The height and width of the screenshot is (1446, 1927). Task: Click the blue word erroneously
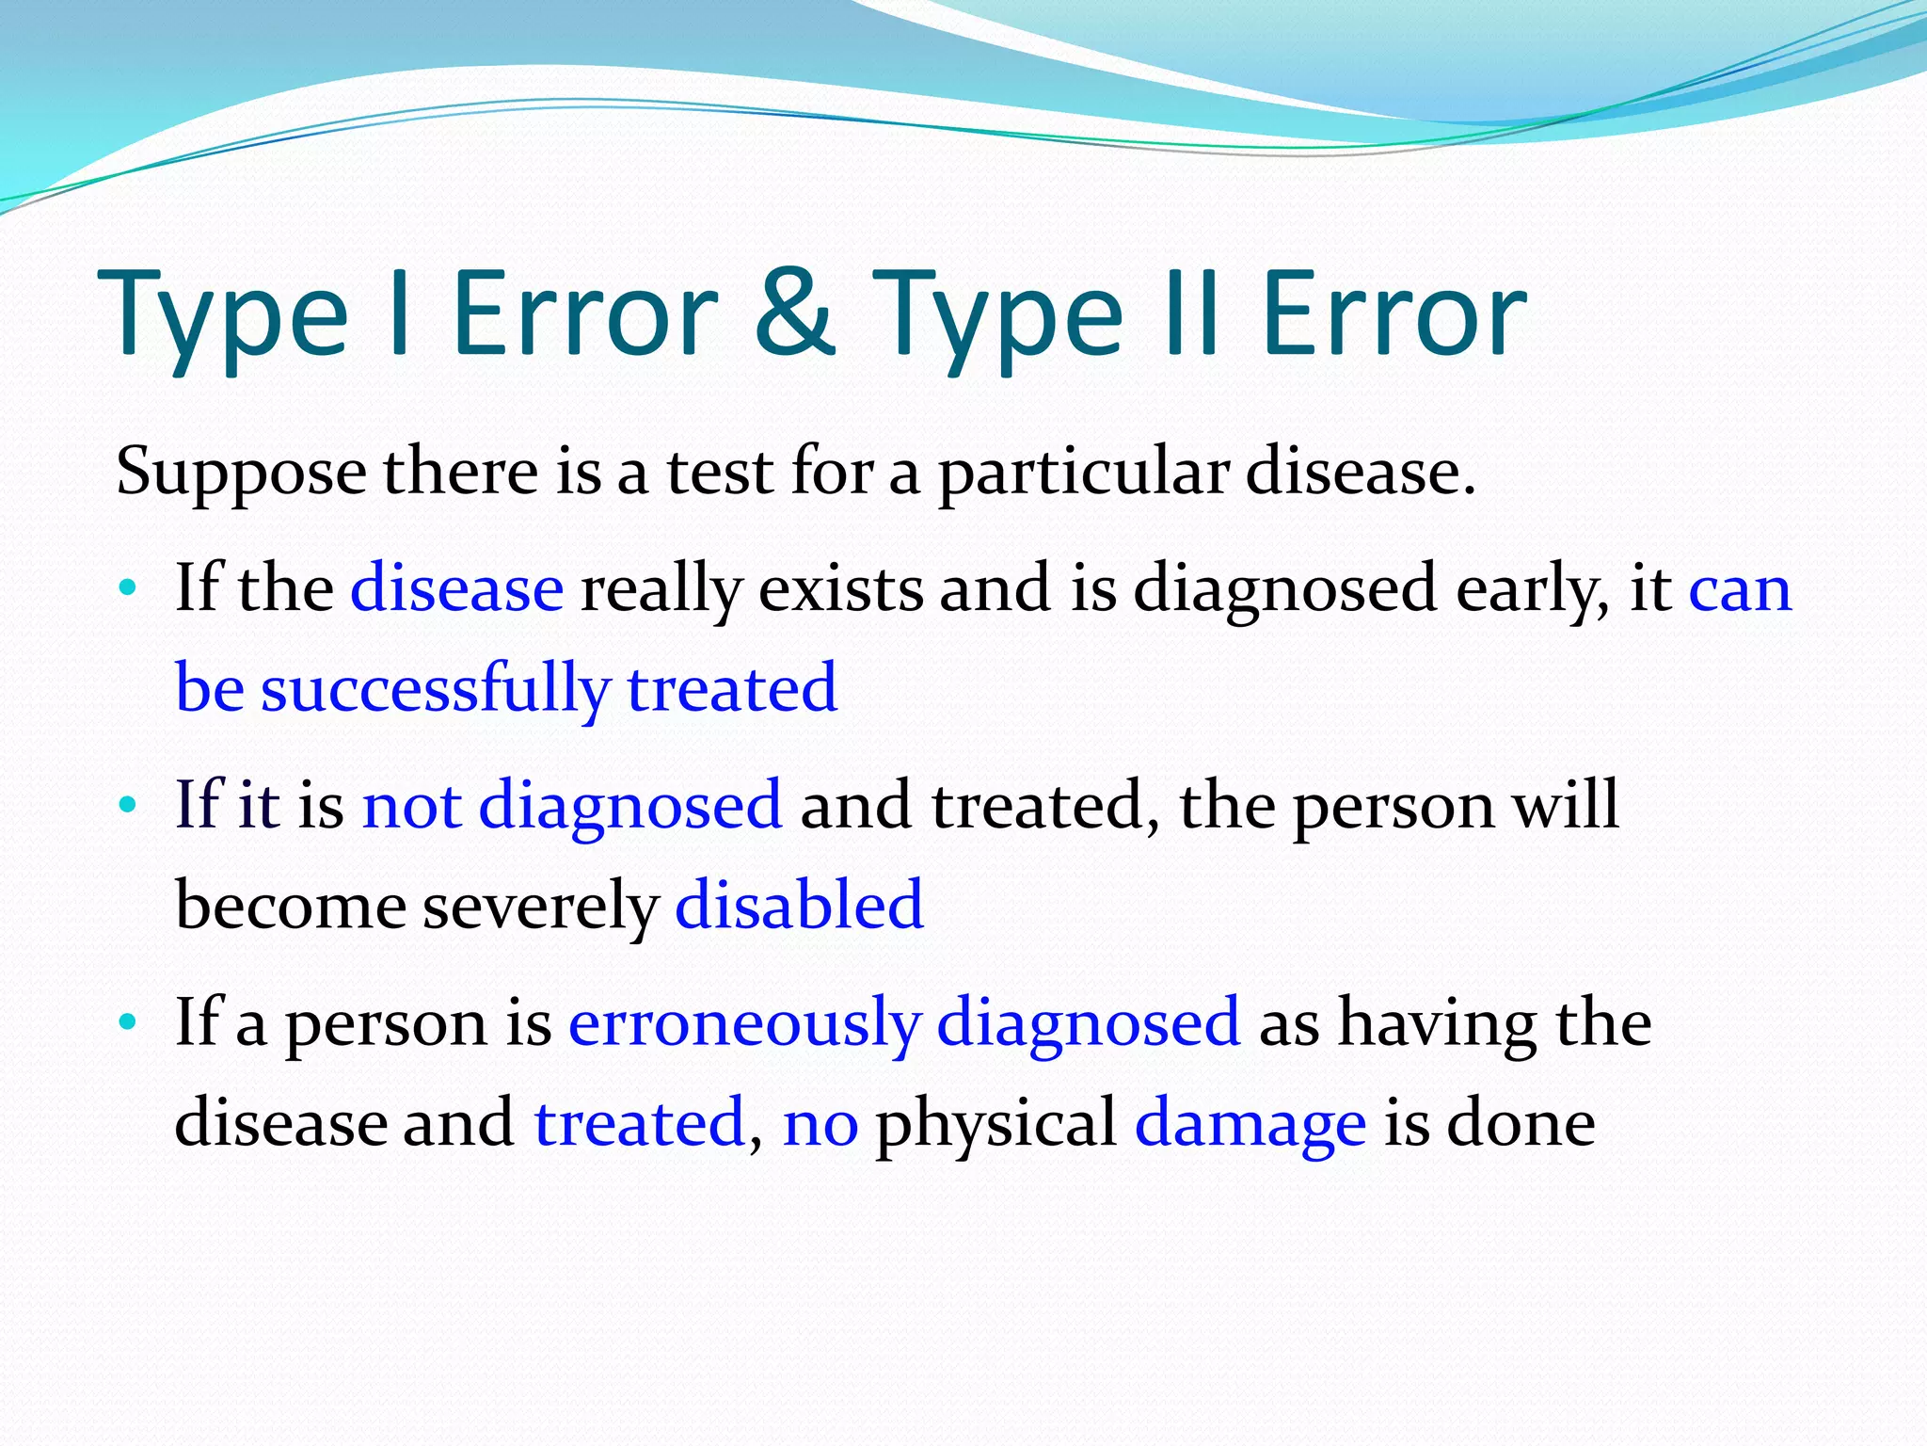coord(743,1024)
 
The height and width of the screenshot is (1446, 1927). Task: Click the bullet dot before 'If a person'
coord(128,1022)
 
